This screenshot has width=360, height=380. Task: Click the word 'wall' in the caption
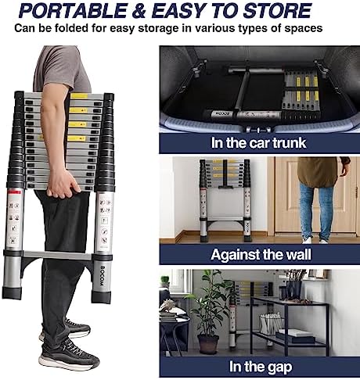pos(293,255)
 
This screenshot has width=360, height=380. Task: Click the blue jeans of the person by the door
pos(315,210)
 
